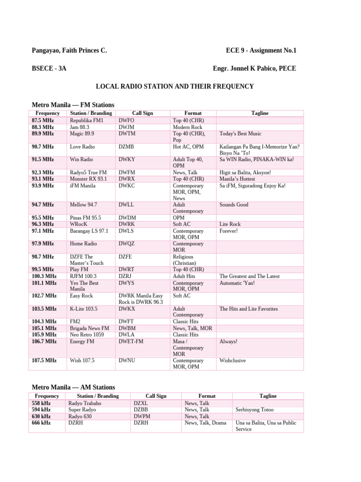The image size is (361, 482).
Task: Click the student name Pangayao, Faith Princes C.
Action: click(69, 50)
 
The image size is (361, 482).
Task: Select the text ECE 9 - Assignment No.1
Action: click(261, 50)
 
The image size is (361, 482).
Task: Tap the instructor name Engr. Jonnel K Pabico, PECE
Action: click(254, 68)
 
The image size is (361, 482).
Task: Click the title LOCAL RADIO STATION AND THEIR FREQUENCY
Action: click(175, 86)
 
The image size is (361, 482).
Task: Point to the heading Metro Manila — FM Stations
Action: click(73, 104)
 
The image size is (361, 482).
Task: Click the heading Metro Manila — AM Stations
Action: click(73, 387)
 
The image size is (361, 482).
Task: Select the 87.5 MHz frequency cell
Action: click(43, 120)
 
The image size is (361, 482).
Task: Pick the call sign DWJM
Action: click(126, 127)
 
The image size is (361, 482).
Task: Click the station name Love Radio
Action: click(82, 147)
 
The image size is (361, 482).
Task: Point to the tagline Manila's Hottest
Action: click(237, 179)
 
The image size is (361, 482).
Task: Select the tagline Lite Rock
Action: click(230, 225)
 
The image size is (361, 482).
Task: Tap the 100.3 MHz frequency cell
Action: click(44, 276)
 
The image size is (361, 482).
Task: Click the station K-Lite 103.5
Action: click(84, 309)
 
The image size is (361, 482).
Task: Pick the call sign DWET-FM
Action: click(131, 341)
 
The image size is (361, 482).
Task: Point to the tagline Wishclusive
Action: click(233, 361)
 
